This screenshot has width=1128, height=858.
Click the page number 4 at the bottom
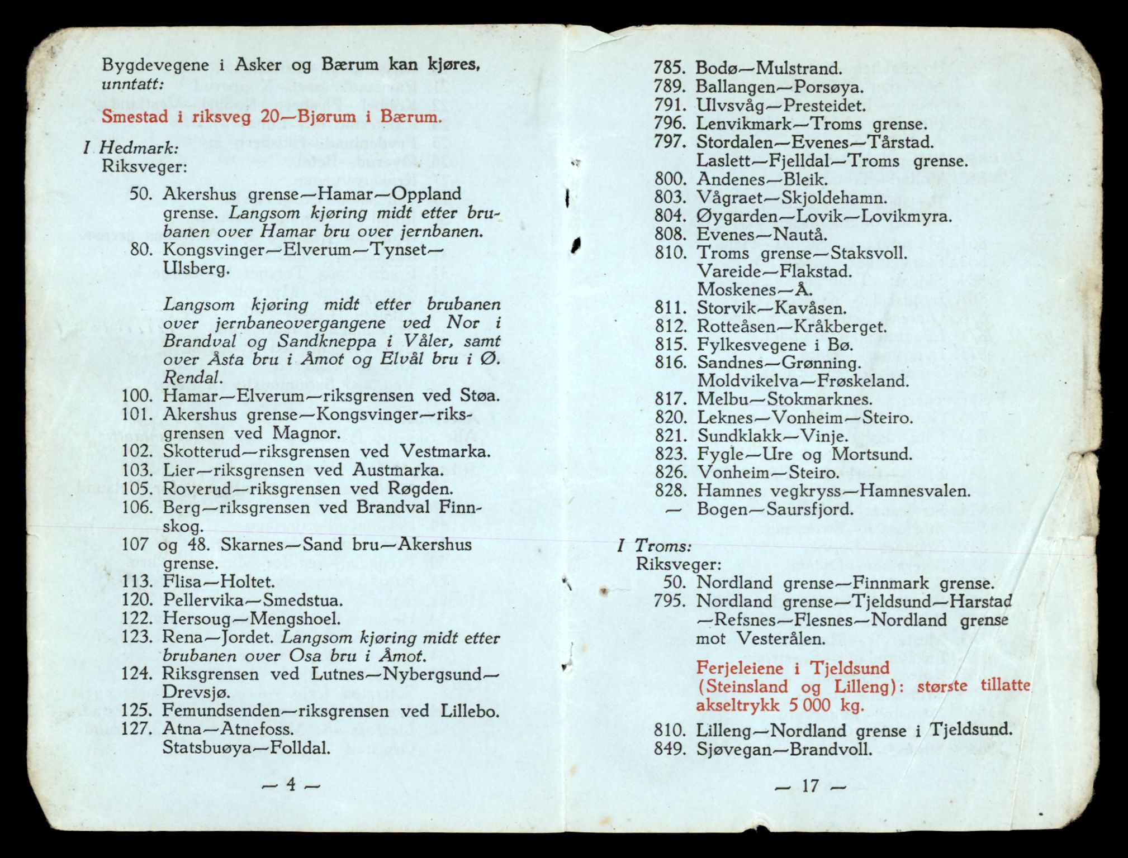click(291, 785)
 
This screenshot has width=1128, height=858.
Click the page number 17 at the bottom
click(810, 786)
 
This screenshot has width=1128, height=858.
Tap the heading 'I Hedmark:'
click(131, 148)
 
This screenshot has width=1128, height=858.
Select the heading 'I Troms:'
click(655, 546)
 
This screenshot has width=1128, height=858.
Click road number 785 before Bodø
click(669, 69)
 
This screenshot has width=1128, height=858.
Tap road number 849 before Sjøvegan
click(669, 749)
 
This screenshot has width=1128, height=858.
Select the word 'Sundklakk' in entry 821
click(733, 436)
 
